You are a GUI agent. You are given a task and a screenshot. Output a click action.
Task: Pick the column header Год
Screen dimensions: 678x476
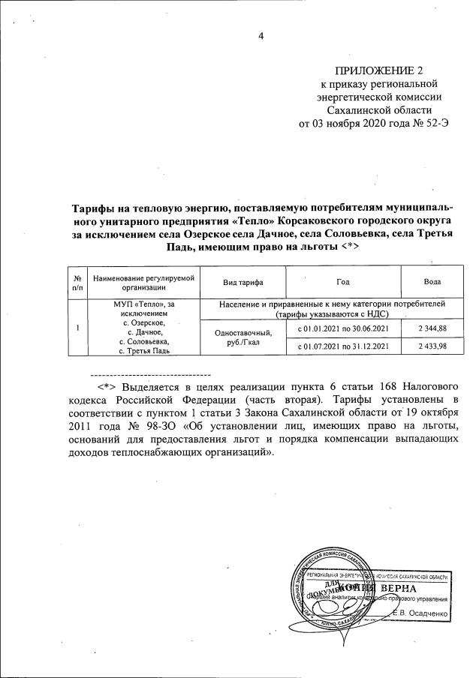point(342,281)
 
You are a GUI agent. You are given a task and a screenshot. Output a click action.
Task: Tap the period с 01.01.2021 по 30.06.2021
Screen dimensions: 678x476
point(343,328)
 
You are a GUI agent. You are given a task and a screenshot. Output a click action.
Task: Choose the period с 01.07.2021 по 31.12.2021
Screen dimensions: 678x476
point(343,346)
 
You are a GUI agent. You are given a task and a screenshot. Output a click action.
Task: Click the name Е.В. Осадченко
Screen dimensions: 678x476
point(422,613)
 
